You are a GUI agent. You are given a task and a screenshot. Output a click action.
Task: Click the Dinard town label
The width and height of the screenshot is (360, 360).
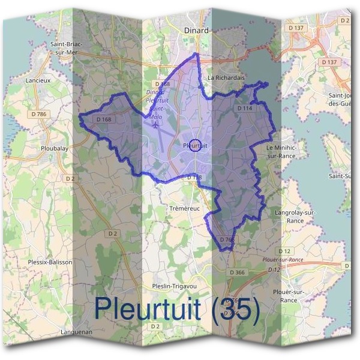197,30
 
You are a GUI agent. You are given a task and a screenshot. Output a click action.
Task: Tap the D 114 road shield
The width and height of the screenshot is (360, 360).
244,108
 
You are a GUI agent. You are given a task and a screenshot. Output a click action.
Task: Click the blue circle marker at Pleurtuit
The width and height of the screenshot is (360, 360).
194,145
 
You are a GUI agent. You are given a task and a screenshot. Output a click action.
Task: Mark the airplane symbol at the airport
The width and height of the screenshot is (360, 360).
156,126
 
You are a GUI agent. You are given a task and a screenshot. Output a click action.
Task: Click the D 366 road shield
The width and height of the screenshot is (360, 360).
238,272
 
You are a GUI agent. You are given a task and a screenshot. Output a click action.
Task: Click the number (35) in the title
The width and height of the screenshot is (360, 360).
237,309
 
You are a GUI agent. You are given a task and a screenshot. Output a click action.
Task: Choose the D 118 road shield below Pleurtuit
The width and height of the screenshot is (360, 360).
194,178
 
